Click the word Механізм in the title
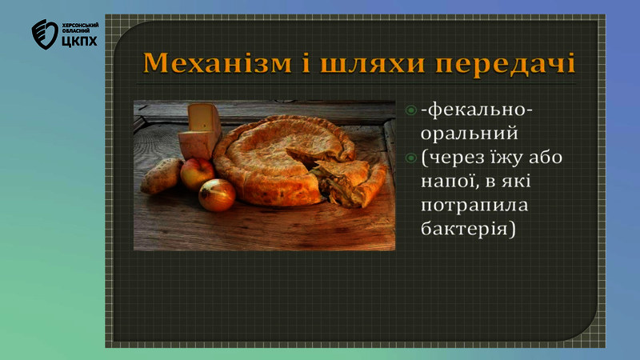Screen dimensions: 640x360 218,63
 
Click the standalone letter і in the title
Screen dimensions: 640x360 306,63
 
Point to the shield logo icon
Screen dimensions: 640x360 45,34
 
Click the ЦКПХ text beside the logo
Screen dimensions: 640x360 80,41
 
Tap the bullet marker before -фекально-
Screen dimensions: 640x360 410,110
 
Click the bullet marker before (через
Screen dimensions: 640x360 410,158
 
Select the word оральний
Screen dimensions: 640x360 470,134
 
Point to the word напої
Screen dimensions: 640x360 447,181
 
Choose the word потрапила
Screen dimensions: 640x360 474,206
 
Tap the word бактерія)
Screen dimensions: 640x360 468,229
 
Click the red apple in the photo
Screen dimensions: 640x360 197,174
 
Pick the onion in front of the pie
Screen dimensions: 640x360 217,195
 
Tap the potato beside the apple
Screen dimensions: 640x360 162,176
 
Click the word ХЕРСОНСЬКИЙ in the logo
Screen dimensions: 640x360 81,26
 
